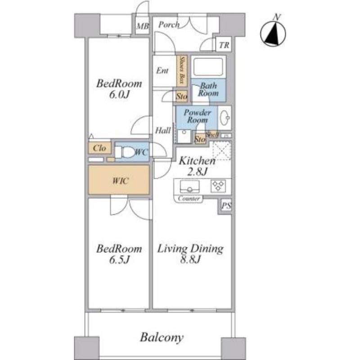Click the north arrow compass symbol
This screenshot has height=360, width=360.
pyautogui.click(x=274, y=33)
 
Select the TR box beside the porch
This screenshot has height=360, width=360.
pyautogui.click(x=224, y=45)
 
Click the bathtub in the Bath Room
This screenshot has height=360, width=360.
pyautogui.click(x=208, y=67)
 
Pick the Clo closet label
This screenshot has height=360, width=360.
pyautogui.click(x=99, y=148)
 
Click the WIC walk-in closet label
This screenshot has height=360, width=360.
pyautogui.click(x=119, y=180)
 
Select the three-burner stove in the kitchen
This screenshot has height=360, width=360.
pyautogui.click(x=218, y=185)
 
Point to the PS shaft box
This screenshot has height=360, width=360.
pyautogui.click(x=225, y=206)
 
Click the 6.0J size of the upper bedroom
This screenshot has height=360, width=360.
pyautogui.click(x=119, y=95)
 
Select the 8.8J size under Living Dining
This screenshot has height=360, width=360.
pyautogui.click(x=190, y=260)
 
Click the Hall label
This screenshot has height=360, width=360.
pyautogui.click(x=163, y=130)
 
